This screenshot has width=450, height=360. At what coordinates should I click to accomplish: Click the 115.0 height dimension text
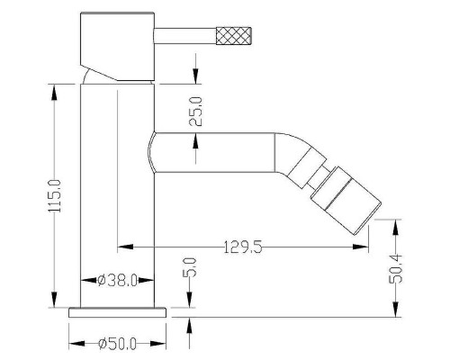[x=54, y=196]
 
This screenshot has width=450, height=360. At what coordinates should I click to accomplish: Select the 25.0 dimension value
[x=196, y=112]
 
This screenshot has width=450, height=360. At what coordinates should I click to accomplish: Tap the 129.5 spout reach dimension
[x=243, y=247]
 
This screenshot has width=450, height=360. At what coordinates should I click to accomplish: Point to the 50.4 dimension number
[x=395, y=268]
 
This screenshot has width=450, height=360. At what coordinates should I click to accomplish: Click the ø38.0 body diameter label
[x=117, y=281]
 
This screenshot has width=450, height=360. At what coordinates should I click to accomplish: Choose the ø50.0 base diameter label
[x=117, y=344]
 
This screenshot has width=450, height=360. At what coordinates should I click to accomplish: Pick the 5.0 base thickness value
[x=192, y=267]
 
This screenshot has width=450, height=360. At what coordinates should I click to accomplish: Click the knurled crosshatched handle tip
[x=234, y=36]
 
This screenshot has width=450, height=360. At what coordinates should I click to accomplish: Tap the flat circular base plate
[x=117, y=312]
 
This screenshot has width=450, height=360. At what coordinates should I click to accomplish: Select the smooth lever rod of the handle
[x=185, y=36]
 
